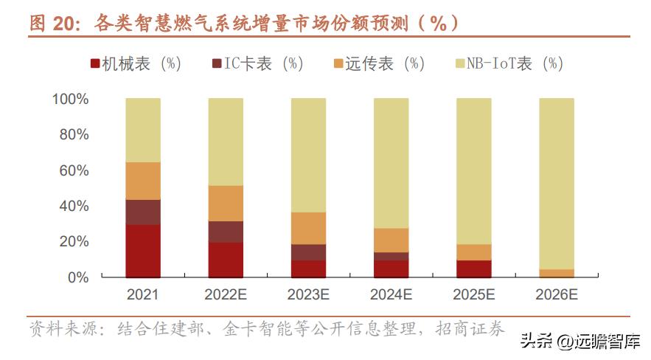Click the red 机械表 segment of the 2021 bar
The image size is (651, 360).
pos(143,251)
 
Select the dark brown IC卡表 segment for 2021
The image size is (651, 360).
pos(143,212)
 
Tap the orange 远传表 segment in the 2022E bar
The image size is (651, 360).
pos(226,203)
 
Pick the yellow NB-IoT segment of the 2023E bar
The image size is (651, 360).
pos(308,155)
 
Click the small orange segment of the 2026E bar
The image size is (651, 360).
pos(556,273)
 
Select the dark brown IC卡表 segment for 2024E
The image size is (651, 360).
pos(391,256)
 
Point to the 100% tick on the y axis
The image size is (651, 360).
pos(70,99)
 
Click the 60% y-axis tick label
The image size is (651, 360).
pos(74,170)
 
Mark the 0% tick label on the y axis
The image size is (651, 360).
pos(77,277)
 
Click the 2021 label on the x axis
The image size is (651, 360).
pos(143,294)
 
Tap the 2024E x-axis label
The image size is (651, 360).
pos(391,294)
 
